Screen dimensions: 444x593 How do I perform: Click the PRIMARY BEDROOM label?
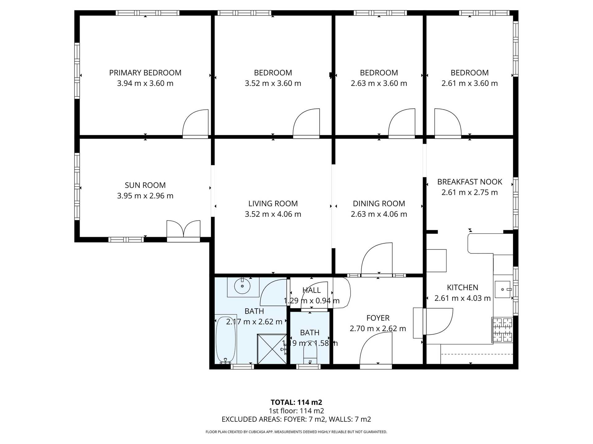145,73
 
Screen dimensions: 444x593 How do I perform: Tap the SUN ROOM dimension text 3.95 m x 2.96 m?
145,196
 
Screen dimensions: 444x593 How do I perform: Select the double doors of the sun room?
183,230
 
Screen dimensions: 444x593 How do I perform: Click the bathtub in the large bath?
226,339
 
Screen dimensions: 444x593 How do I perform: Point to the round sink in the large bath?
242,287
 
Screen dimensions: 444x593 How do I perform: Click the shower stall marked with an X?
272,349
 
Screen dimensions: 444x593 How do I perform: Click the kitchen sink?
503,289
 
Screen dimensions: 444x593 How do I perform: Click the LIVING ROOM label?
273,203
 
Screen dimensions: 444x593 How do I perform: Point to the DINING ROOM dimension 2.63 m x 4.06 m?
379,214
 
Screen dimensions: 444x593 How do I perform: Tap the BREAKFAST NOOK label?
469,182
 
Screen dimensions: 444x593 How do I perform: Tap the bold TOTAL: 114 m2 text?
296,402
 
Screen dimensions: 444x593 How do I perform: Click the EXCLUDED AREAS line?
296,419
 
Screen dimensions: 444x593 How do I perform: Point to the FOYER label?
378,318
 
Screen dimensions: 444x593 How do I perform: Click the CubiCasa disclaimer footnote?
296,432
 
